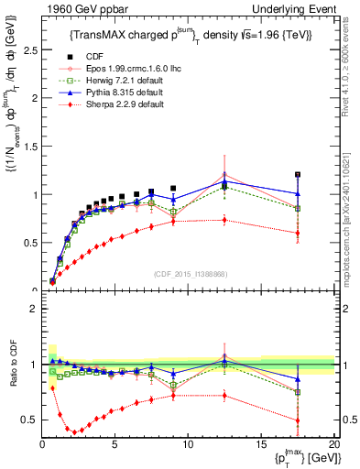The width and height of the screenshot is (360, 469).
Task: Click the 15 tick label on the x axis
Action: click(261, 444)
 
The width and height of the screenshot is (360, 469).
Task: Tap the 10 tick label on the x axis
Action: click(188, 444)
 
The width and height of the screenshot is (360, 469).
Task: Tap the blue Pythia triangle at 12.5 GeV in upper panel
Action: click(224, 182)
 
